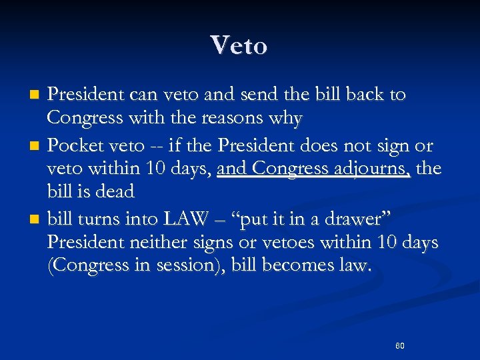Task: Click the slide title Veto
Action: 239,45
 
